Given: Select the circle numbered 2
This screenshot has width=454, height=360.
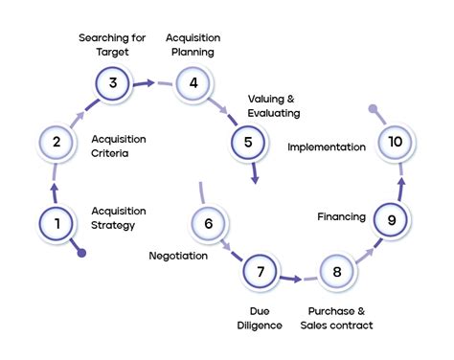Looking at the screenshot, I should click(57, 143).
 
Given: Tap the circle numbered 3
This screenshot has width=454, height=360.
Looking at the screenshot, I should click(113, 82).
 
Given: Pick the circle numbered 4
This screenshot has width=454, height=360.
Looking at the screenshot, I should click(193, 82).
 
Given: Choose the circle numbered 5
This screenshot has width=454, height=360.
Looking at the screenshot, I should click(248, 143).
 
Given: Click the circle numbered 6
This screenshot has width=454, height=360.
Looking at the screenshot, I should click(208, 223).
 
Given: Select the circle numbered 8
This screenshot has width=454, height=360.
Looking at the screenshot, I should click(337, 271).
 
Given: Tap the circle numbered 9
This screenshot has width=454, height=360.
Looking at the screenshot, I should click(391, 219).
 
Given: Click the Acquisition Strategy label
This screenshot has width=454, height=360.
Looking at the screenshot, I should click(119, 218).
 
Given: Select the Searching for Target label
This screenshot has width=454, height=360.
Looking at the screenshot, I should click(112, 44).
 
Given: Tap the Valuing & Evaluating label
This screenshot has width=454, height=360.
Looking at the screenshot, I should click(274, 105).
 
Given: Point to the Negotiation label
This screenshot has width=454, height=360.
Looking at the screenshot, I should click(178, 256).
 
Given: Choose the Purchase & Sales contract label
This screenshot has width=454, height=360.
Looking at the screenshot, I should click(340, 318).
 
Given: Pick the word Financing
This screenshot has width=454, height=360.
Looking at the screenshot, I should click(341, 217).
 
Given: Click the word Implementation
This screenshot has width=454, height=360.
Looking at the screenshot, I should click(327, 147).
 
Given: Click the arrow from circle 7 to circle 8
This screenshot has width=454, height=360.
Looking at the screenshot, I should click(292, 279).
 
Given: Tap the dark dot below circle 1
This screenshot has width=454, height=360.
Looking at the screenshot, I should click(81, 253).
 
